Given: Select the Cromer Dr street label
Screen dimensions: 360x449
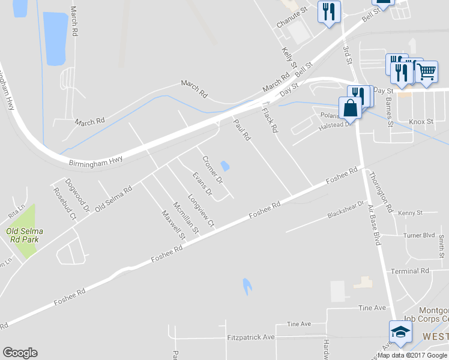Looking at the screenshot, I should [212, 170].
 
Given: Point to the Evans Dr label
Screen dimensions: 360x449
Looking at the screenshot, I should [202, 184].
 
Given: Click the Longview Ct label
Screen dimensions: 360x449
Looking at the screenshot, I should [201, 210].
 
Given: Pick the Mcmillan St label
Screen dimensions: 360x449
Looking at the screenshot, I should [186, 217].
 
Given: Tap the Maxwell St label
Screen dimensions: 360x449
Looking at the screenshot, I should [173, 222].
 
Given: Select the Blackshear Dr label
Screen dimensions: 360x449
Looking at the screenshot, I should [346, 210].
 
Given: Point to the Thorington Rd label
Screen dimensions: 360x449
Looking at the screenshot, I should [381, 193].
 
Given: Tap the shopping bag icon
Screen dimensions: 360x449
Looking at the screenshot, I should [351, 108].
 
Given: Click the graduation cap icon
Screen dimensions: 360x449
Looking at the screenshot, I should [399, 332].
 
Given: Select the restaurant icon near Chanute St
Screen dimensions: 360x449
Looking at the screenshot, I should [329, 11].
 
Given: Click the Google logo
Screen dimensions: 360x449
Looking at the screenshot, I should [20, 353].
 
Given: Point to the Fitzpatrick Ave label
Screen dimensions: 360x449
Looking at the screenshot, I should [251, 337].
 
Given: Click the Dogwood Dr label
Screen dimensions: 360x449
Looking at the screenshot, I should [77, 195].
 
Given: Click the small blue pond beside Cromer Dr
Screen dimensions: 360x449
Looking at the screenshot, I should [225, 165].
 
